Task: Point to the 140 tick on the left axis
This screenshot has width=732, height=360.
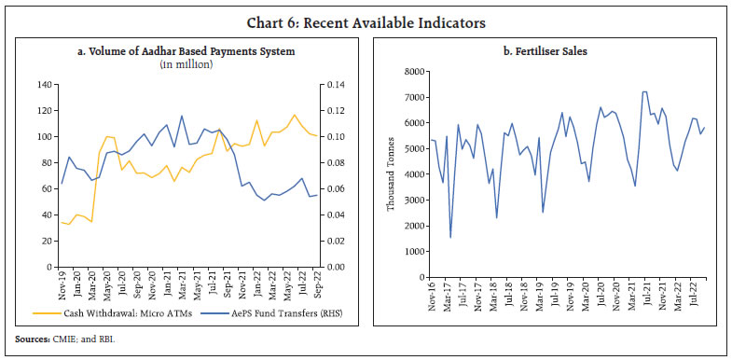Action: coord(41,85)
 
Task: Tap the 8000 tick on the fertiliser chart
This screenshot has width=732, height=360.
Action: coord(416,72)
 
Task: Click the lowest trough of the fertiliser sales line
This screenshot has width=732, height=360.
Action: coord(450,237)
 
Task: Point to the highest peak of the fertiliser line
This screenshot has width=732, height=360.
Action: coord(644,91)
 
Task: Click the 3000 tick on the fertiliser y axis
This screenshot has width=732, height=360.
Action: coord(416,201)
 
